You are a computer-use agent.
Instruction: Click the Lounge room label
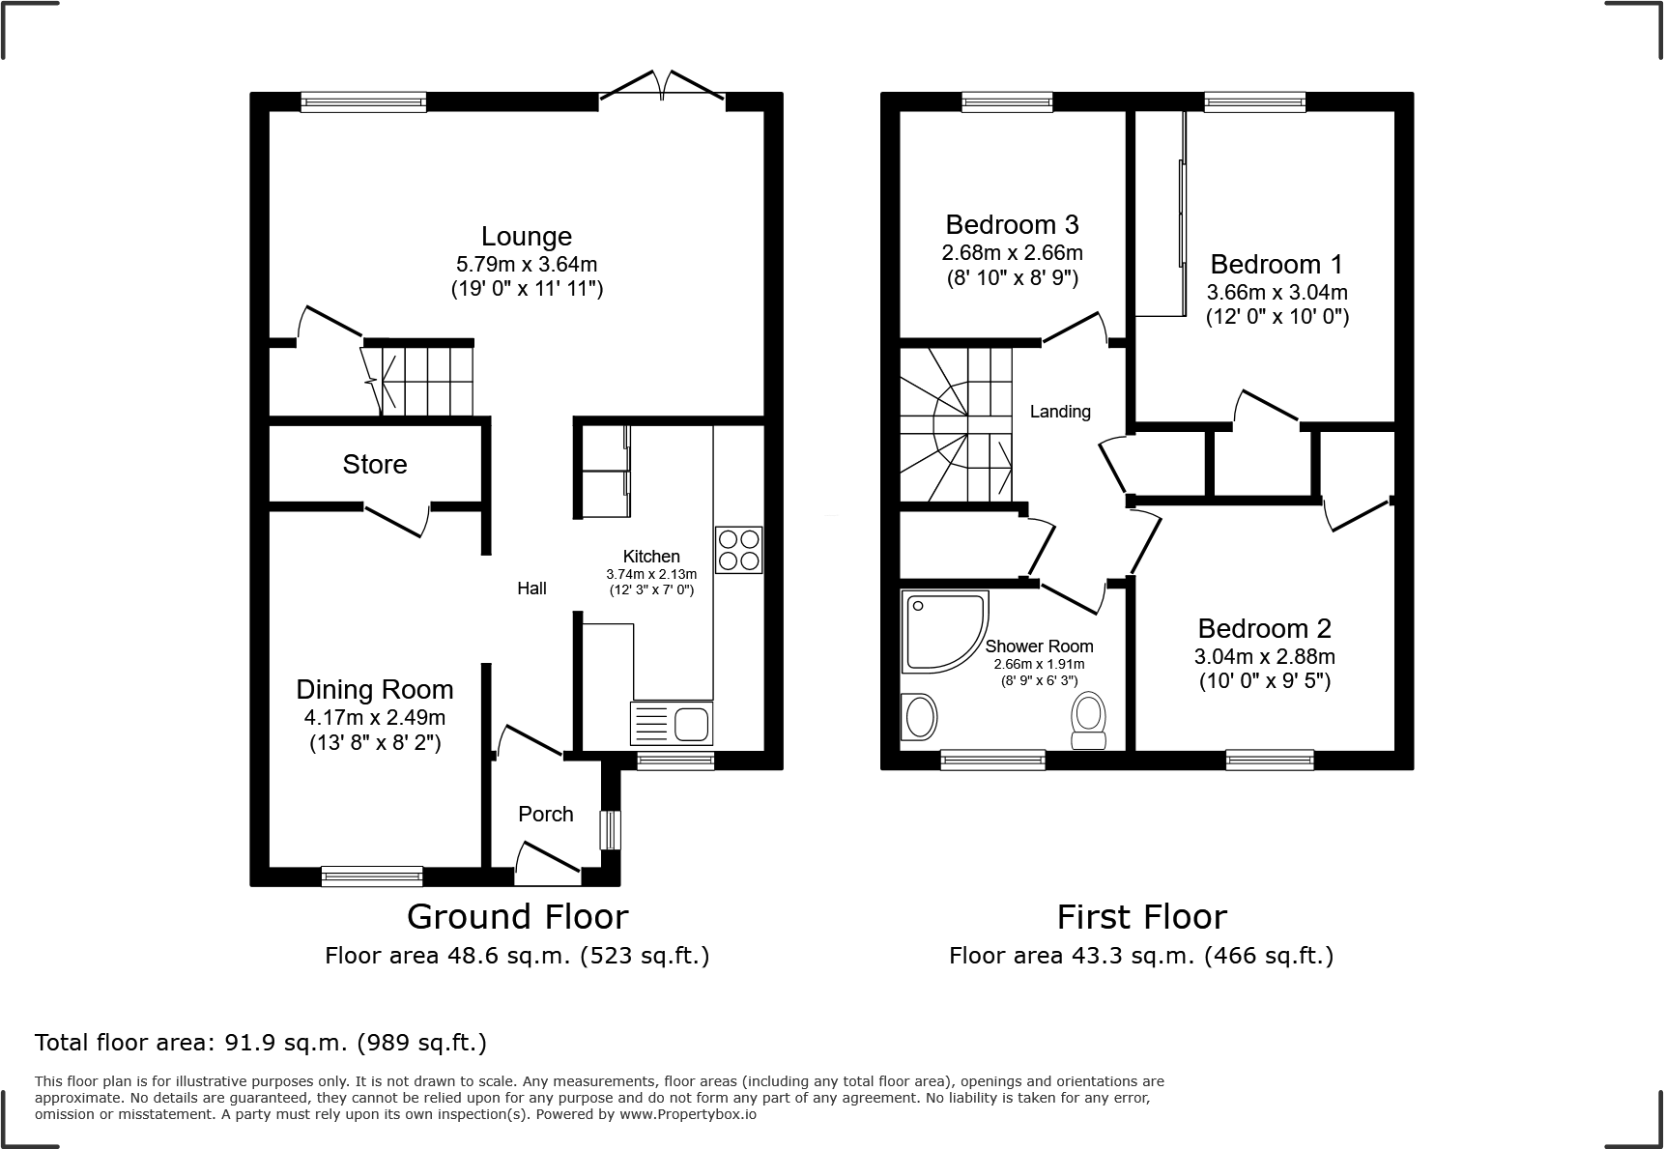coord(527,237)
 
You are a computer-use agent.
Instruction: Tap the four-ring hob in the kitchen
coord(738,550)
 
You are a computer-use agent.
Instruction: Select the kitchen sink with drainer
coord(671,723)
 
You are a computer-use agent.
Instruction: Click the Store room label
coord(375,465)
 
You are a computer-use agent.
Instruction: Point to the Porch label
coord(546,814)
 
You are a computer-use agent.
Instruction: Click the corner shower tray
coord(943,631)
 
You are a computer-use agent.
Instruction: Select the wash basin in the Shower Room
coord(918,718)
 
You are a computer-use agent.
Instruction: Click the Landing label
coord(1060,412)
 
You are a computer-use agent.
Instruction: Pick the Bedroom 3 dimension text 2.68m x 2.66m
coord(1012,253)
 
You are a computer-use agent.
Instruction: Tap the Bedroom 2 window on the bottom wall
coord(1269,760)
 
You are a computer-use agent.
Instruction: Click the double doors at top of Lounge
coord(662,86)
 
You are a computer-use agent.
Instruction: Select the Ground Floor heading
coord(517,916)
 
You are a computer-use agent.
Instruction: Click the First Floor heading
coord(1141,916)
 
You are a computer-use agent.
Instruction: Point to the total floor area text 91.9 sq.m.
coord(261,1043)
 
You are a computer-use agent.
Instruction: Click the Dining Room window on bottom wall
coord(372,876)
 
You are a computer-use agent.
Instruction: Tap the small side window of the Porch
coord(610,830)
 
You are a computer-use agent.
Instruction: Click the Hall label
coord(531,589)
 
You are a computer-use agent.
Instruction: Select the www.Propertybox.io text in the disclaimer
coord(687,1114)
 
